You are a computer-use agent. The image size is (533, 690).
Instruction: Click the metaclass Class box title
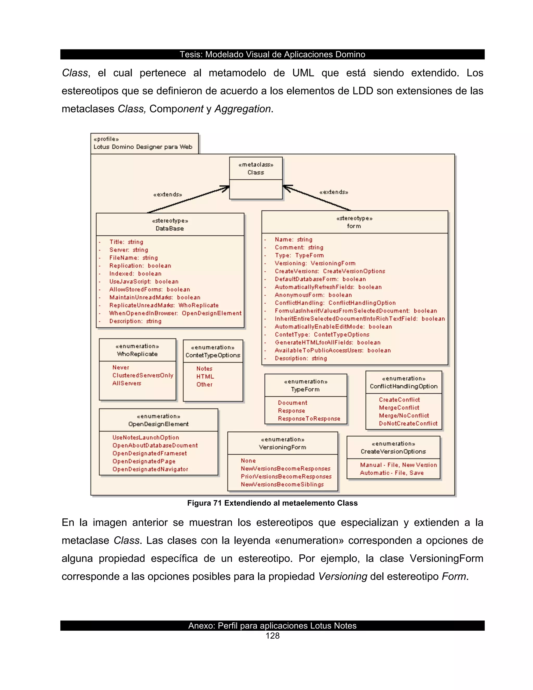(256, 172)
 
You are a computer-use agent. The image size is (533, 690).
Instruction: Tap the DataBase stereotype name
(170, 228)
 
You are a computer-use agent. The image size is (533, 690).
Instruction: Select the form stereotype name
(354, 226)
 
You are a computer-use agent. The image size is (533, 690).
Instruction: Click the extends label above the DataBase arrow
(168, 195)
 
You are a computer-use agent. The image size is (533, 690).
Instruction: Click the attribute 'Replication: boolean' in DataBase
(140, 266)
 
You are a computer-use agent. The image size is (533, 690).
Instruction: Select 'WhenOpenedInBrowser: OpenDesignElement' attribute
(175, 313)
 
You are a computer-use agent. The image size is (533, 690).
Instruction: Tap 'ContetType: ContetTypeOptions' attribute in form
(322, 335)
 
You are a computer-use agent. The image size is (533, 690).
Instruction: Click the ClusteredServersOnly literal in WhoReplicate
(143, 375)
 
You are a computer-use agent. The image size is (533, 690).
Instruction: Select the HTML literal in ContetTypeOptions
(205, 377)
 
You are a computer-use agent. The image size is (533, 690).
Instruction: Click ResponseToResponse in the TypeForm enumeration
(309, 419)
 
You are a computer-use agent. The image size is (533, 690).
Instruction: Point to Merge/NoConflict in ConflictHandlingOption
(404, 416)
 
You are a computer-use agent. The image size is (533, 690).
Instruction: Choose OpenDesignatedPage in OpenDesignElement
(144, 461)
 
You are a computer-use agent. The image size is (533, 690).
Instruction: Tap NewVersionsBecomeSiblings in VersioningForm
(282, 484)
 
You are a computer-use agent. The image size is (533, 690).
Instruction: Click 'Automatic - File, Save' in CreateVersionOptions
(391, 473)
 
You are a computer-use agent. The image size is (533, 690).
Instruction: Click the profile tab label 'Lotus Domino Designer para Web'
(143, 147)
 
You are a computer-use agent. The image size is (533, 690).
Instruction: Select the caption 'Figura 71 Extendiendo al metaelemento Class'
(272, 503)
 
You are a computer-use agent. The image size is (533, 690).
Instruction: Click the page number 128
(272, 636)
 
